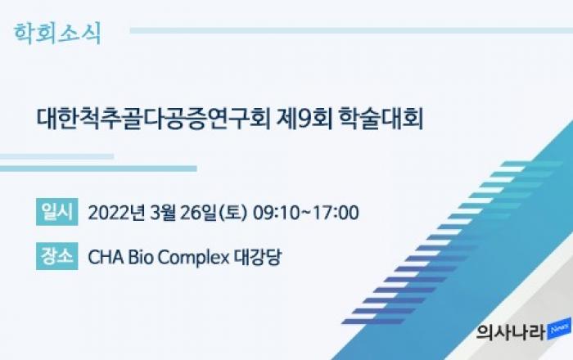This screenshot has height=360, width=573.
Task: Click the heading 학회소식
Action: coord(57,34)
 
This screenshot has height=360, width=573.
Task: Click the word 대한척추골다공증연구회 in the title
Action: coord(154,119)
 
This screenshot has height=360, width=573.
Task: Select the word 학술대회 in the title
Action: coord(381,119)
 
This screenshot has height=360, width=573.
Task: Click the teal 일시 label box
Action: coord(57,212)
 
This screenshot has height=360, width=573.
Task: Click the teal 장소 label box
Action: coord(57,256)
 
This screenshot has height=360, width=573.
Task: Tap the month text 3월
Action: coord(163,213)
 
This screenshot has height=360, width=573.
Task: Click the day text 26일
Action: coord(198,213)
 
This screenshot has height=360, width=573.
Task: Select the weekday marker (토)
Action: coord(232,213)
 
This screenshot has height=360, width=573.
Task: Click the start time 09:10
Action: coord(277,213)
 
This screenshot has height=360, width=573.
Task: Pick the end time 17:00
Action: coord(336,213)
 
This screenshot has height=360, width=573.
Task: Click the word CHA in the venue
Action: coord(106,257)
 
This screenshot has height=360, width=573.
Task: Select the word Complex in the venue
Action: coord(194,258)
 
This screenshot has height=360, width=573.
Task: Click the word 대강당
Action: coord(258,257)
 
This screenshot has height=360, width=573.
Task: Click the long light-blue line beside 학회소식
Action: coord(351,30)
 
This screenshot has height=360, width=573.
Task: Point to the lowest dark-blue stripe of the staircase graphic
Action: coord(373,322)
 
